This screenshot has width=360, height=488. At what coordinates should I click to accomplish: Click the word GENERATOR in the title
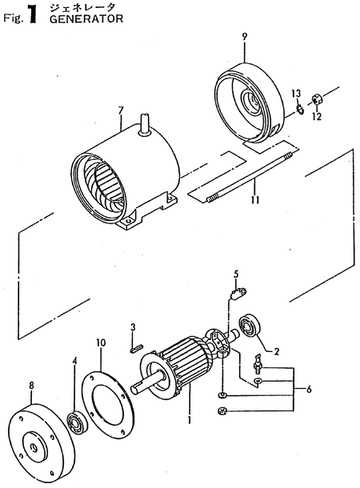click(x=74, y=22)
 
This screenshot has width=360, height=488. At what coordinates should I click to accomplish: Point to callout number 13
click(x=295, y=94)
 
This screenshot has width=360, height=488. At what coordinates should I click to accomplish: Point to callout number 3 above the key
click(x=134, y=326)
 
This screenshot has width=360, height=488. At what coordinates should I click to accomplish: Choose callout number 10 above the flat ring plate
click(x=101, y=342)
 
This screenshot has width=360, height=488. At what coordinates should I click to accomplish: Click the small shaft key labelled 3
click(x=136, y=346)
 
